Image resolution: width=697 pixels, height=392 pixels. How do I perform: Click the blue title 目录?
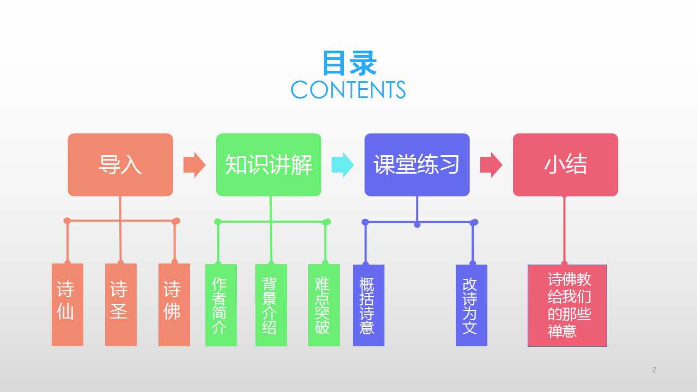349,63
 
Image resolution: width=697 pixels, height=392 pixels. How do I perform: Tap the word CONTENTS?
348,90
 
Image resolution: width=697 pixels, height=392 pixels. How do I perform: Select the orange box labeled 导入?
120,164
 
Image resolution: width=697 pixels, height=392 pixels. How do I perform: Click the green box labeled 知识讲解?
269,164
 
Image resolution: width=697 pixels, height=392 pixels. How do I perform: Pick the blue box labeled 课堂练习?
417,164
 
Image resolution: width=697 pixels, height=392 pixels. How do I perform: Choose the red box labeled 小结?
565,164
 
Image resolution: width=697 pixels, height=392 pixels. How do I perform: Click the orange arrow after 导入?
194,165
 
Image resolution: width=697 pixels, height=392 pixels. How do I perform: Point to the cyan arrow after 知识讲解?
343,165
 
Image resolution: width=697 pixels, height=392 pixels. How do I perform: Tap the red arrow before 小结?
491,165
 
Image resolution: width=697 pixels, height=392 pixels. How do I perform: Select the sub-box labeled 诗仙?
68,305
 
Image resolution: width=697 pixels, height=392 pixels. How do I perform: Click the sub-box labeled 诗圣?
121,305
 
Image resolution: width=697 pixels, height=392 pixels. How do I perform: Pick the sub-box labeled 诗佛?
174,305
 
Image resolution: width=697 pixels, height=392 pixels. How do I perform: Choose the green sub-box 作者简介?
221,305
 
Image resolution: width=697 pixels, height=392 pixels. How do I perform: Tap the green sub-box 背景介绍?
271,305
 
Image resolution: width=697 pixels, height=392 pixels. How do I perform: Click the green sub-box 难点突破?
324,305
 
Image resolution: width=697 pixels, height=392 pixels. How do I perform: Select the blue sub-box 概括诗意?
369,305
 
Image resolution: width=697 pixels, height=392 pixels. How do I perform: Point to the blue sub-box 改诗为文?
472,305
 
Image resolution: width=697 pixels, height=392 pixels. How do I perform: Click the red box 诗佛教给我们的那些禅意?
567,305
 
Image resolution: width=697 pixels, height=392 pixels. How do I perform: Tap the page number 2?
654,370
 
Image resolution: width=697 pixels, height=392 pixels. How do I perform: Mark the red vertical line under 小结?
565,230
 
